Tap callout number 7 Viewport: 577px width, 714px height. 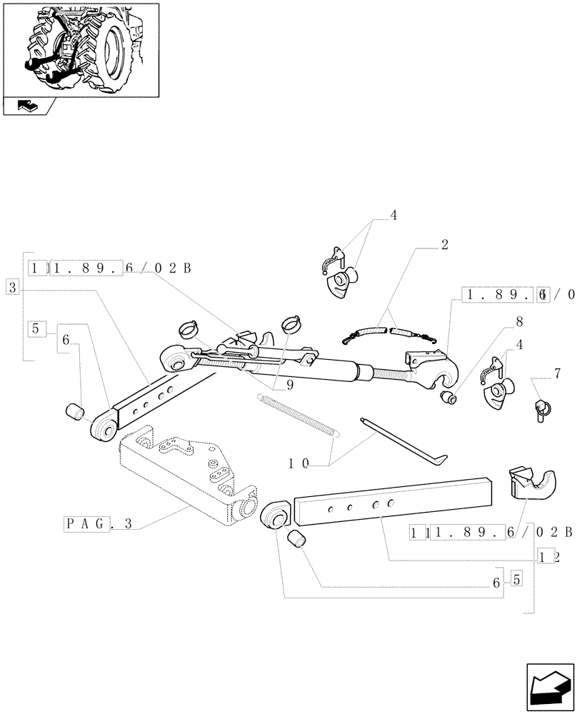point(556,373)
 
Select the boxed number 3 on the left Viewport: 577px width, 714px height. point(12,286)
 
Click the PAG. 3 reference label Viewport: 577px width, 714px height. point(98,523)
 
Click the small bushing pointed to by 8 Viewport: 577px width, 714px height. point(447,397)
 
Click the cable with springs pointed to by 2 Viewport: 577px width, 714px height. point(389,332)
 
